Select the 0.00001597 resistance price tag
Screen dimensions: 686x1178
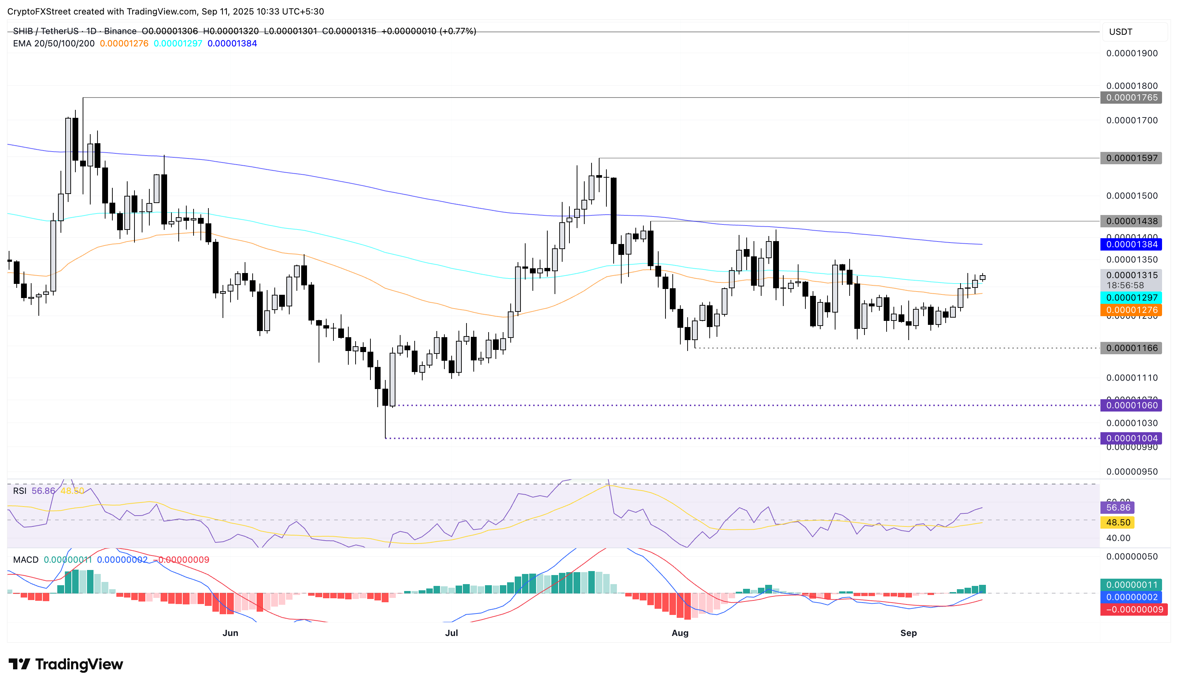(1131, 158)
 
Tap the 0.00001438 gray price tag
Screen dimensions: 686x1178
(1131, 221)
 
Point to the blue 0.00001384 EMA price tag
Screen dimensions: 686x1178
(1131, 244)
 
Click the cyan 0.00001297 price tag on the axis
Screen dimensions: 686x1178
(1131, 297)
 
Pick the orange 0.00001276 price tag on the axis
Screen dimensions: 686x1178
(1131, 310)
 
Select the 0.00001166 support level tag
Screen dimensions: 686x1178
(1131, 348)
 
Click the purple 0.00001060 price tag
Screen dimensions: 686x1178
(1131, 405)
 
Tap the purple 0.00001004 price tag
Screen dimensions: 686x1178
(1131, 438)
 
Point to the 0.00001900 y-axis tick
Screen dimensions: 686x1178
(1131, 53)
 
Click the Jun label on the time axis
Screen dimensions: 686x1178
(231, 633)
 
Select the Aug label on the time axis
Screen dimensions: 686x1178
(680, 633)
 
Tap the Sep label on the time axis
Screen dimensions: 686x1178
(908, 633)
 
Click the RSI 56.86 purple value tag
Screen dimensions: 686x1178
(1118, 507)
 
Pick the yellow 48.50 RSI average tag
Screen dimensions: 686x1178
(1118, 522)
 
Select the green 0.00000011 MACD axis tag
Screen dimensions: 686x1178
(1131, 584)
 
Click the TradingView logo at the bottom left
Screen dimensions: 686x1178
(66, 664)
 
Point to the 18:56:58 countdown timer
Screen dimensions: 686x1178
(1125, 285)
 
